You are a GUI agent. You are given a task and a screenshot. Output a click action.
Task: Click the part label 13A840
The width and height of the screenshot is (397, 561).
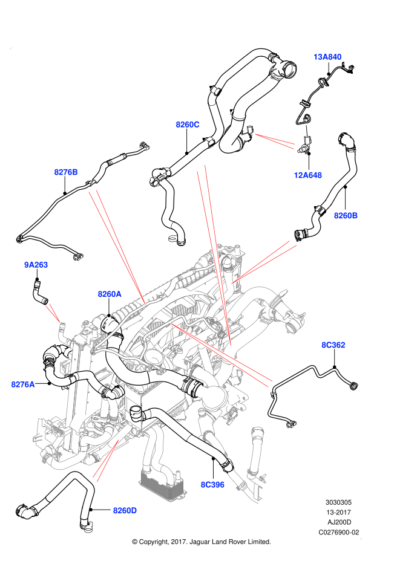click(327, 57)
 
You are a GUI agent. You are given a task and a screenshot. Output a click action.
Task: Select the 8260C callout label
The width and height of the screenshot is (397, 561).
click(188, 125)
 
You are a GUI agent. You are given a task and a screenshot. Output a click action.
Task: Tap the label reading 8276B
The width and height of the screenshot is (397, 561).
click(66, 172)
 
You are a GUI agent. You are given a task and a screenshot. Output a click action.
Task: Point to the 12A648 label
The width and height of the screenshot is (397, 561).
click(308, 175)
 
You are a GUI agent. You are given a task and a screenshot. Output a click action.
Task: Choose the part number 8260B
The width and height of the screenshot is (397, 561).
click(346, 216)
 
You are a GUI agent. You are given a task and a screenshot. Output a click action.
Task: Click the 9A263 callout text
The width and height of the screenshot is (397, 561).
click(36, 265)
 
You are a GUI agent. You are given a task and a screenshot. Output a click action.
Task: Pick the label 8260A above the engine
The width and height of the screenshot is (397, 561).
click(110, 294)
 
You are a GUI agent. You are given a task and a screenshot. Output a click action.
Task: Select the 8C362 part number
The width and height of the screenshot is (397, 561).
click(333, 345)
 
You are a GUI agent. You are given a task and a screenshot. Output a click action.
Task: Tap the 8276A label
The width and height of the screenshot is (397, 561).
click(23, 384)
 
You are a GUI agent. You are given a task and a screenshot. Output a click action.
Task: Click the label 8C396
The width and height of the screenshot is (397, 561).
click(212, 485)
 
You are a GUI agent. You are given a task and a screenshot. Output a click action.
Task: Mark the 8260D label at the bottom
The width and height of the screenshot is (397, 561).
click(125, 511)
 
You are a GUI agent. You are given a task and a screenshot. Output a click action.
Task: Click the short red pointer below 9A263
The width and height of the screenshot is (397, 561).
click(53, 313)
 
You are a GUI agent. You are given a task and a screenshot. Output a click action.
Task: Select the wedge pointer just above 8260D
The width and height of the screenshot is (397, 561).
click(106, 461)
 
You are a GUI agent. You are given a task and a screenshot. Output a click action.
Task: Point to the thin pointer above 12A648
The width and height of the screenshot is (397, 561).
click(275, 141)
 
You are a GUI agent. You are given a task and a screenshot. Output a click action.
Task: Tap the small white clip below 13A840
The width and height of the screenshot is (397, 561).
click(307, 130)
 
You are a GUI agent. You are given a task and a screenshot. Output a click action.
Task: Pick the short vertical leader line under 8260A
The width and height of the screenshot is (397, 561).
click(109, 308)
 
